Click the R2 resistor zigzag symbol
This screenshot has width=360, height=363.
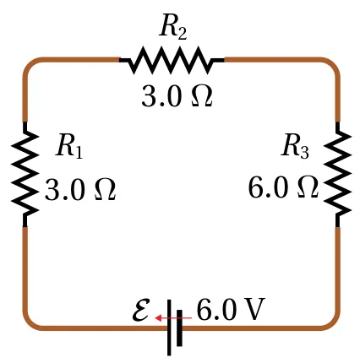coord(172,60)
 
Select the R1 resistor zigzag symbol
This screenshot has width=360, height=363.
coord(25,175)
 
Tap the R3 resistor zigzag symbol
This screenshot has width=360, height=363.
coord(337,175)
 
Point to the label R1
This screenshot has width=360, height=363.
coord(69,146)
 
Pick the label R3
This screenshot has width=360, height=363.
coord(295,146)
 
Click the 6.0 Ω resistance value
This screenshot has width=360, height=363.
coord(283,187)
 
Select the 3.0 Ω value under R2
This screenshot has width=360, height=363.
coord(177,95)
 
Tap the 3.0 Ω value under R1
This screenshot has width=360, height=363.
coord(80,190)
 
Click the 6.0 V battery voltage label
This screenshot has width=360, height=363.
coord(231,310)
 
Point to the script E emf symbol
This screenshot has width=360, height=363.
coord(141,310)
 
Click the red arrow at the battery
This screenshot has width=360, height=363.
coord(173,318)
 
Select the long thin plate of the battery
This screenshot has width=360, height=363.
coord(169,328)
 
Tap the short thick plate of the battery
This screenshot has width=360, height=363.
coord(179,328)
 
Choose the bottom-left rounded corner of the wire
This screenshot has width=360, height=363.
coord(30,323)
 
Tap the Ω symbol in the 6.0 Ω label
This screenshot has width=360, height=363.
coord(308,187)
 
